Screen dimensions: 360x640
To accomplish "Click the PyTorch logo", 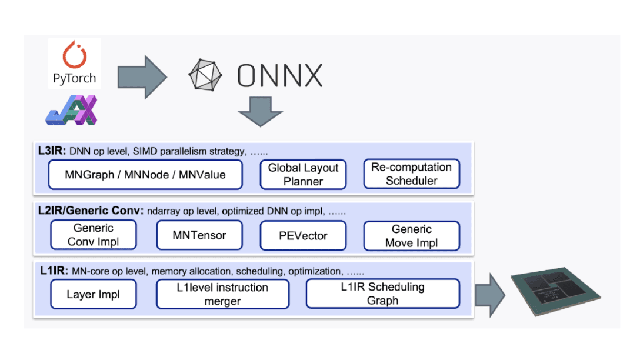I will point(74,63).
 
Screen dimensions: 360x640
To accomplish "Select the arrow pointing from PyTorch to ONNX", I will point(142,76).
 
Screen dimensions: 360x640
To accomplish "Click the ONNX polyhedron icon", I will point(206,75).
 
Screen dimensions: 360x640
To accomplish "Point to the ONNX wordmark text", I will point(280,76).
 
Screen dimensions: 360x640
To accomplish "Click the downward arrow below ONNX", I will point(260,111).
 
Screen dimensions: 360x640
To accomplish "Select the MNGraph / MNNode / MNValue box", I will point(145,175).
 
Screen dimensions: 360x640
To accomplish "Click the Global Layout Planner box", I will point(303,175).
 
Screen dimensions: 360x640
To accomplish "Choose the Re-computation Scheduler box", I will point(411,174).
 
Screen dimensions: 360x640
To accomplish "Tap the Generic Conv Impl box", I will point(94,235).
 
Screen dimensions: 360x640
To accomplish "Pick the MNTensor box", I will point(199,235).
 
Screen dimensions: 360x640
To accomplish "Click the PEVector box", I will point(303,235).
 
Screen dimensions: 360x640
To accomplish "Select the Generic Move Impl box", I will point(411,235).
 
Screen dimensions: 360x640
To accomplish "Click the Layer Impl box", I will point(94,294).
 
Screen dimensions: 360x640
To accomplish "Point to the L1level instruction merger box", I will point(222,294).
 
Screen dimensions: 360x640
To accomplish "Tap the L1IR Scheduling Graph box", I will point(382,294).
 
